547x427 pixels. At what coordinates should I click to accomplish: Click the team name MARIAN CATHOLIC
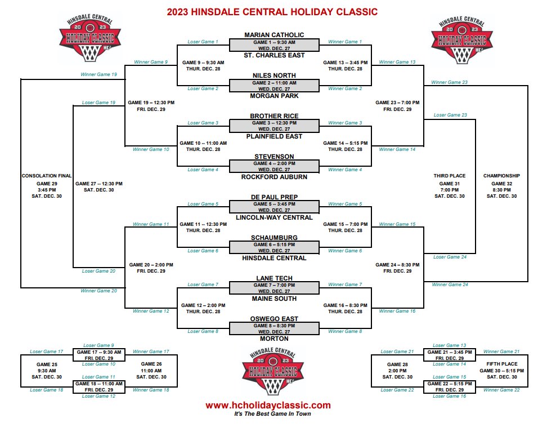[x=274, y=35]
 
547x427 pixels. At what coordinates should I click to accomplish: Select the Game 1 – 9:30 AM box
[x=274, y=45]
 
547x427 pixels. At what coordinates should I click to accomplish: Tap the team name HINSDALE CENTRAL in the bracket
[x=274, y=258]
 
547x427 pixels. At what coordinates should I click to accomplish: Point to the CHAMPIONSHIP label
[x=501, y=176]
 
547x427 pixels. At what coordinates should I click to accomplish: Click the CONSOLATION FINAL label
[x=47, y=176]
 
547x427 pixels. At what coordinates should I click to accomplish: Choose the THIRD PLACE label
[x=450, y=176]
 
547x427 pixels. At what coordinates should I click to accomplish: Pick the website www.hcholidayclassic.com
[x=268, y=405]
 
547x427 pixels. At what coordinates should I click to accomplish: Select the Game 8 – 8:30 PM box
[x=274, y=328]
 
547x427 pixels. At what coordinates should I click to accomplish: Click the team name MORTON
[x=274, y=339]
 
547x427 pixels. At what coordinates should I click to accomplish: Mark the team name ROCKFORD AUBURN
[x=274, y=177]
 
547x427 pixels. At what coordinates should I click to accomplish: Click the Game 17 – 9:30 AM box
[x=98, y=355]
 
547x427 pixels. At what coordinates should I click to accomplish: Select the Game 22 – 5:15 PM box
[x=449, y=386]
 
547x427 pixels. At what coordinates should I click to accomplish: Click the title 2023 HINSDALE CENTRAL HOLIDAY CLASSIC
[x=272, y=12]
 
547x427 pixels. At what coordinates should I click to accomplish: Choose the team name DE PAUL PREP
[x=274, y=197]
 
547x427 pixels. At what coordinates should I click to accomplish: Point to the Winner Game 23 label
[x=450, y=82]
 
